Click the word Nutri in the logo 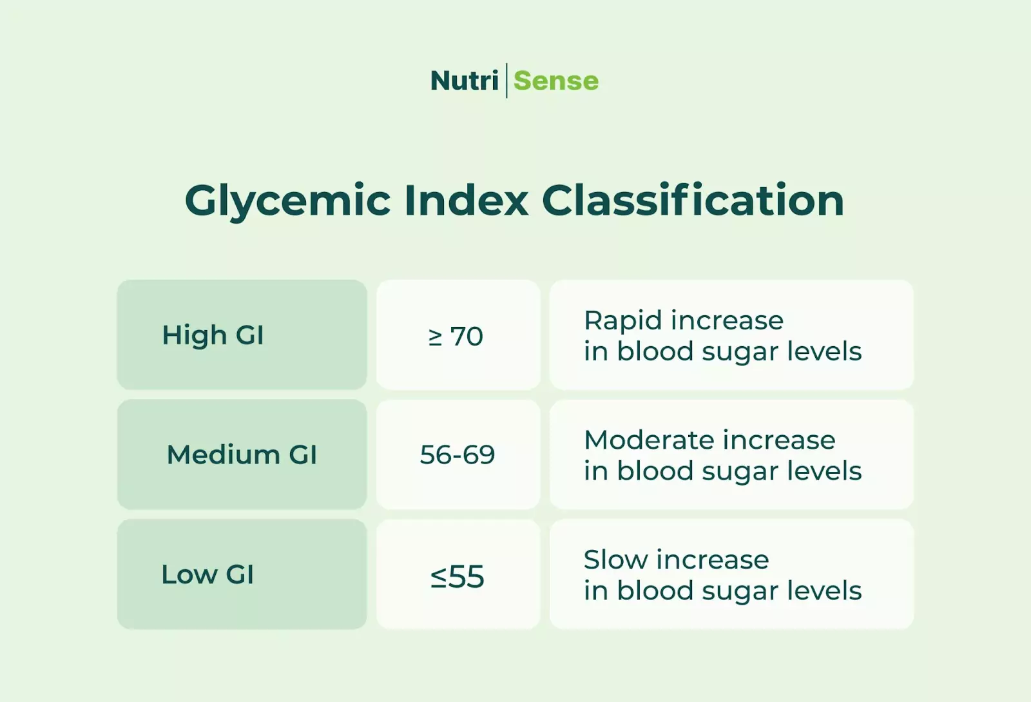[464, 81]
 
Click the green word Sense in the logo [556, 81]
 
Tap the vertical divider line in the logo [506, 81]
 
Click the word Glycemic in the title [287, 201]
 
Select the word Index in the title [466, 200]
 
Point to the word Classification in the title [693, 200]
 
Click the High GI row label [213, 336]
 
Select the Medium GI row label [242, 455]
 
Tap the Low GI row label [207, 574]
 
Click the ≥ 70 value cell [457, 336]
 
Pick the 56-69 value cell [458, 455]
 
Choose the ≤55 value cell [458, 576]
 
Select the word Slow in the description [615, 560]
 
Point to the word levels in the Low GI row [824, 590]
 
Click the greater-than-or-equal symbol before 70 [436, 336]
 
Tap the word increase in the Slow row [713, 560]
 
